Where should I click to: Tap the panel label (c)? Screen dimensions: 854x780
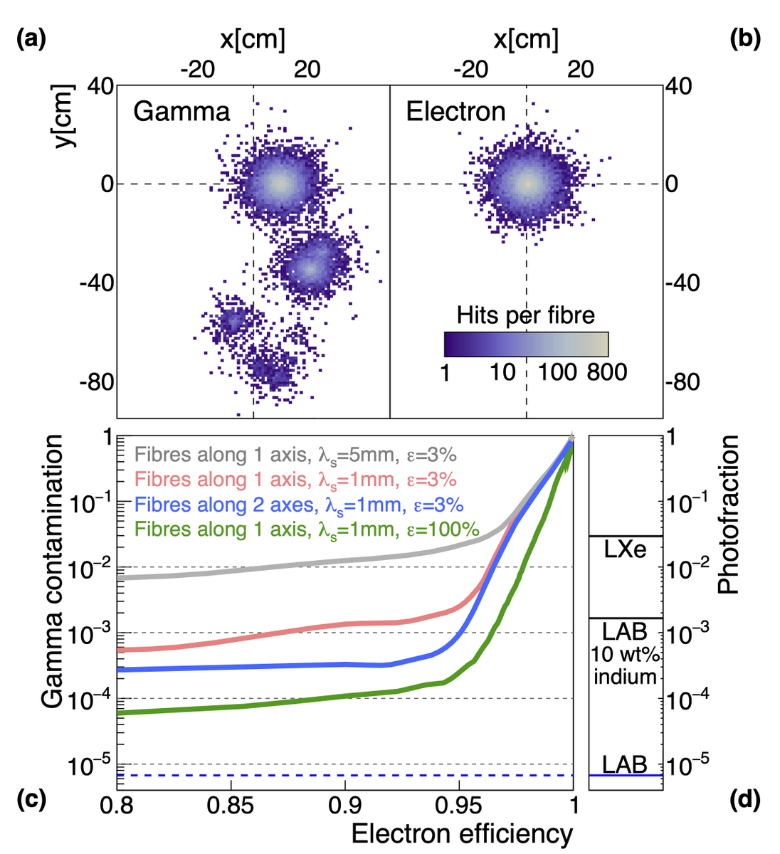(31, 800)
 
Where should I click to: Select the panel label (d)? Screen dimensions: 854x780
(745, 800)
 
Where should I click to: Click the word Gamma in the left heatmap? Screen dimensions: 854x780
(181, 112)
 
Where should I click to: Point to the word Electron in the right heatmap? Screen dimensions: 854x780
(455, 112)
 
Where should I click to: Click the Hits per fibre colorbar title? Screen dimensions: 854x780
(525, 315)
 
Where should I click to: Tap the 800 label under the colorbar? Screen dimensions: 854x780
(606, 371)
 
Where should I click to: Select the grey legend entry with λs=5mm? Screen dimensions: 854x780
(295, 455)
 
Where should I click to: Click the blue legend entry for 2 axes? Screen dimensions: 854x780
(299, 505)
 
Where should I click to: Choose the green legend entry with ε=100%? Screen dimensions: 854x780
(307, 529)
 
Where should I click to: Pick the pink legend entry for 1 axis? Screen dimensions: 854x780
(295, 480)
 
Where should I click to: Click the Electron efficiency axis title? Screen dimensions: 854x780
(462, 833)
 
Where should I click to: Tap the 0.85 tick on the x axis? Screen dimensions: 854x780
(231, 806)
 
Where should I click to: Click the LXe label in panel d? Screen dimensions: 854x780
(625, 549)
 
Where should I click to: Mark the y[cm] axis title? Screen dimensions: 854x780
(65, 115)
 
